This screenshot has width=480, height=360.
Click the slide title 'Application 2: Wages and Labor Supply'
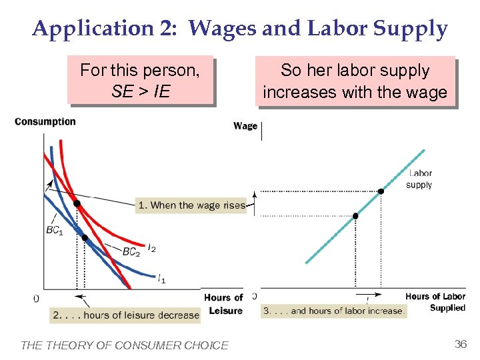click(240, 29)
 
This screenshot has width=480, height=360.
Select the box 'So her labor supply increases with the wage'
click(355, 80)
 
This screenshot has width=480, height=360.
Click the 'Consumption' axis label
click(45, 121)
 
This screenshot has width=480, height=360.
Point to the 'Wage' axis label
click(245, 126)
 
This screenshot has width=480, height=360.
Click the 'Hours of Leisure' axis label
click(223, 304)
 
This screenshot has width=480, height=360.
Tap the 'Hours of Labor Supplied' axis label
click(435, 302)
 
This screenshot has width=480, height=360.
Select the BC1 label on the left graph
click(55, 231)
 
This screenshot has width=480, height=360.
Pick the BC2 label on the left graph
click(131, 252)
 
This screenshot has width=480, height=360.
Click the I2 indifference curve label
click(152, 248)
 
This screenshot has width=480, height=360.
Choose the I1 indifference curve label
click(162, 279)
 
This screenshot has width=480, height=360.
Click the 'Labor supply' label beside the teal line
click(419, 179)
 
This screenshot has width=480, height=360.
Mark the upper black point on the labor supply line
click(381, 191)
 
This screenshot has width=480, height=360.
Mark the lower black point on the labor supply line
click(355, 216)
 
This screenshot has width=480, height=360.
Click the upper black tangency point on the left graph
click(77, 203)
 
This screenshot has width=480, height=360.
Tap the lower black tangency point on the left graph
click(84, 237)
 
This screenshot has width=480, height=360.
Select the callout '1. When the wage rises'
click(191, 205)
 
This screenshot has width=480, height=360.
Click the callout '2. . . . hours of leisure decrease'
click(126, 315)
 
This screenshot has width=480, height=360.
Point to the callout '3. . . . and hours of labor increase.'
click(334, 311)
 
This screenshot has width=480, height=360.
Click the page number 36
click(460, 344)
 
